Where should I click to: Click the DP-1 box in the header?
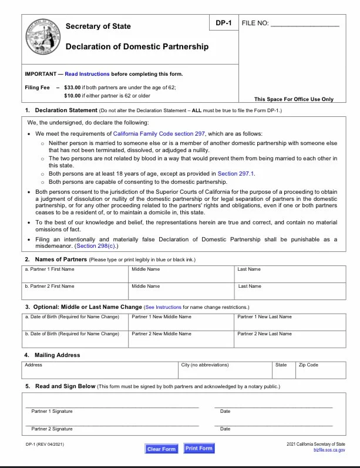coord(223,23)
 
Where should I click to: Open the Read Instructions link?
coord(87,74)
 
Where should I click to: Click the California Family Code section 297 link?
coord(159,134)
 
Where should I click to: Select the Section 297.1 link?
coord(235,174)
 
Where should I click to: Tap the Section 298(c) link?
coord(94,246)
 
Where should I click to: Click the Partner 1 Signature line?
coord(112,405)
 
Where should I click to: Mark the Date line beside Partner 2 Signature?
coord(274,423)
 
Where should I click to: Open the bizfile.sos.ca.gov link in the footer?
coord(329,449)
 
